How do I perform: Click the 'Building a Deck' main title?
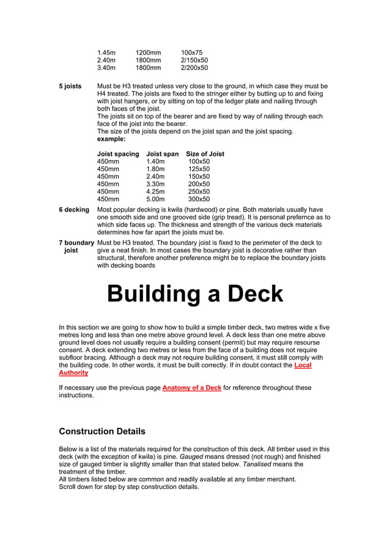[x=195, y=294]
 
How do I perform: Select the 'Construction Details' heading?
[x=101, y=431]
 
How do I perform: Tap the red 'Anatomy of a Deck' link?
[x=191, y=388]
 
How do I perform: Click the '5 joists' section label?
[x=70, y=86]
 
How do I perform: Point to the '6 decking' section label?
[x=74, y=210]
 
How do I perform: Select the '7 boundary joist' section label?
[x=76, y=246]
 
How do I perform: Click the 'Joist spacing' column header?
[x=118, y=154]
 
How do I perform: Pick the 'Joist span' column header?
[x=163, y=154]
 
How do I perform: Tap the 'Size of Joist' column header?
[x=205, y=154]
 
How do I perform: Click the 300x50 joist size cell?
[x=199, y=199]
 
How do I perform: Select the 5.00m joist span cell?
[x=155, y=199]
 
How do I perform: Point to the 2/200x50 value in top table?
[x=194, y=68]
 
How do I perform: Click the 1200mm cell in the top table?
[x=148, y=53]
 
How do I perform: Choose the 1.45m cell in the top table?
[x=106, y=53]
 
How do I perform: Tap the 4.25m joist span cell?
[x=155, y=191]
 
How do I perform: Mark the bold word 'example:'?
[x=111, y=139]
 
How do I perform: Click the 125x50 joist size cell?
[x=199, y=169]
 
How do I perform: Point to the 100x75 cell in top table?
[x=191, y=53]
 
